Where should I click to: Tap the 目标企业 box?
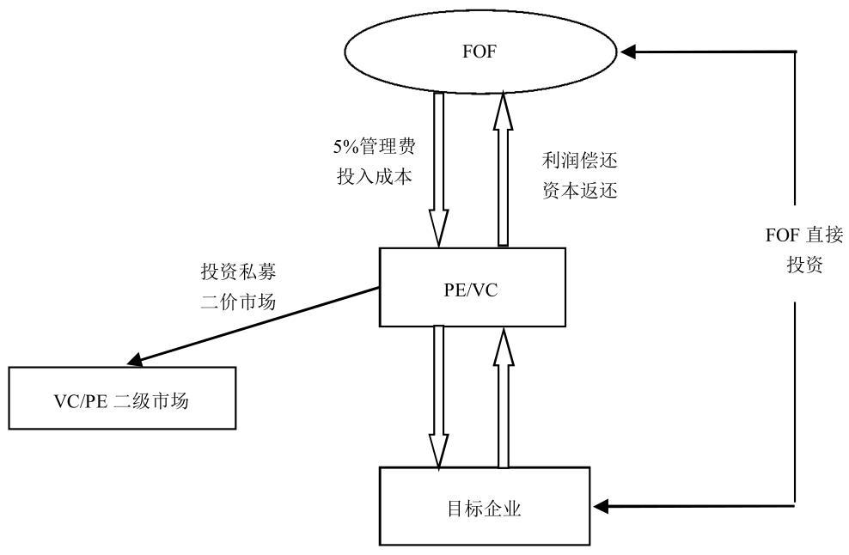point(485,507)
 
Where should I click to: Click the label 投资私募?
point(237,271)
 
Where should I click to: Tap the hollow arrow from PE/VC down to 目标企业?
point(440,395)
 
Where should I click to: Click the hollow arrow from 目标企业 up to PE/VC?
point(504,395)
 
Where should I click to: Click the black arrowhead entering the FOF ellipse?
point(630,52)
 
